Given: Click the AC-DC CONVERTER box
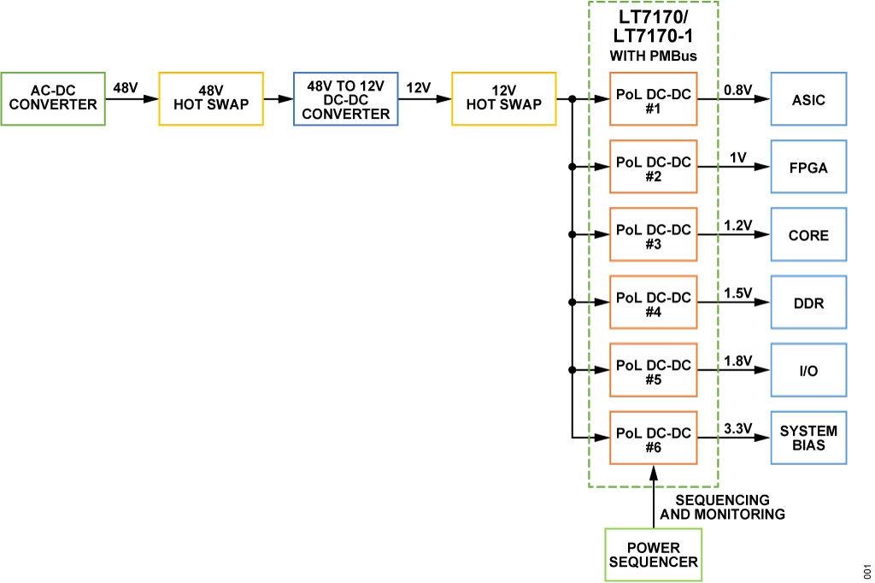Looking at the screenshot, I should point(53,98).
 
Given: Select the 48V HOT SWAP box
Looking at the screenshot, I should point(211,98).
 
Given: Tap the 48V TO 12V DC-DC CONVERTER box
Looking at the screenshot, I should point(345,98).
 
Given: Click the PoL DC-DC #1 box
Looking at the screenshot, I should point(654,99).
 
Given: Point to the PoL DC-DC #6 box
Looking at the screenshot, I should point(654,438).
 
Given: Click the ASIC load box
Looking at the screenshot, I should point(808,99).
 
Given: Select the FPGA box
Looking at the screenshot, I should point(808,167).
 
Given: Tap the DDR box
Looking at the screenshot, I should point(808,302).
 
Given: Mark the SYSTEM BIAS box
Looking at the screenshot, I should point(808,438).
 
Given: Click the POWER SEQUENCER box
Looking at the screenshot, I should point(653,555).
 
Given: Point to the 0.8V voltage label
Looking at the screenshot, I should point(737,89).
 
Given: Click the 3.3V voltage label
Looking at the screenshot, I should point(737,428).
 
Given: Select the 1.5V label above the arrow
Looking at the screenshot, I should point(737,293).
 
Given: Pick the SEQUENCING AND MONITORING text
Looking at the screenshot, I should point(722,507).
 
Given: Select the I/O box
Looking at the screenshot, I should point(808,370).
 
